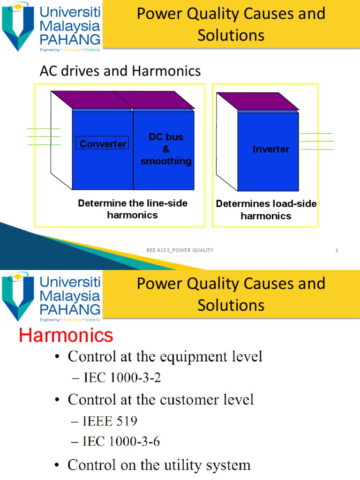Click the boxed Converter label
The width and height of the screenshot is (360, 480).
coord(103,144)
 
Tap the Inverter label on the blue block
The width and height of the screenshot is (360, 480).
coord(271,149)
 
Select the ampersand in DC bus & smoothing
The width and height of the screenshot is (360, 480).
coord(166,149)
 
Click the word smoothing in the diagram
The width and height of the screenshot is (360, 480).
coord(166,161)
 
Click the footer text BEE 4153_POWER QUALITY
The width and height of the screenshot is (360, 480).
coord(180,250)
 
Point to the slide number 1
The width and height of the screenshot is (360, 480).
coord(337,250)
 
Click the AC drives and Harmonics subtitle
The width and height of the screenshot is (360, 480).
coord(120,71)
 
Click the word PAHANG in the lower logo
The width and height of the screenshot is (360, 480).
coord(70,308)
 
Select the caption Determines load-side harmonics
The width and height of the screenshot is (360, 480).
coord(266,210)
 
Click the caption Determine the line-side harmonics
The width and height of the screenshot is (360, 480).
coord(132,209)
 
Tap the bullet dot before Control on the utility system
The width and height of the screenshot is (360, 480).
coord(57,466)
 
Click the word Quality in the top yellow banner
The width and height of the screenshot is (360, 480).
coord(209,14)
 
